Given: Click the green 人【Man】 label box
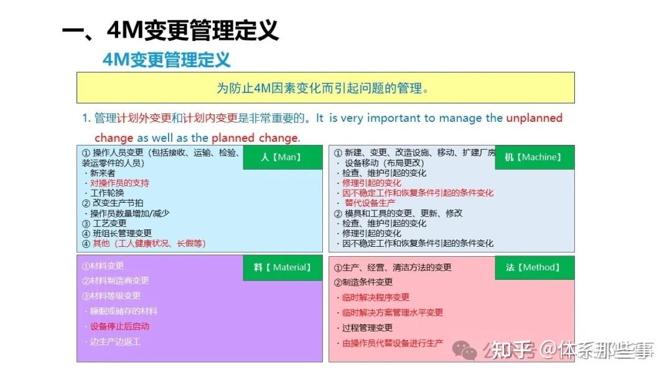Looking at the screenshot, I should pyautogui.click(x=281, y=157).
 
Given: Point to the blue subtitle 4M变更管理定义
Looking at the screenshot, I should pyautogui.click(x=167, y=60).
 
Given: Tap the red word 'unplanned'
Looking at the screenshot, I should pyautogui.click(x=534, y=118).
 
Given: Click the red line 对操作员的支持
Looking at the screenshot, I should pyautogui.click(x=119, y=183).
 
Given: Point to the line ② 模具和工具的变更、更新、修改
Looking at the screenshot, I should pyautogui.click(x=399, y=213).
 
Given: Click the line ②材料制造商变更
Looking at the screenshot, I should pyautogui.click(x=115, y=280).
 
